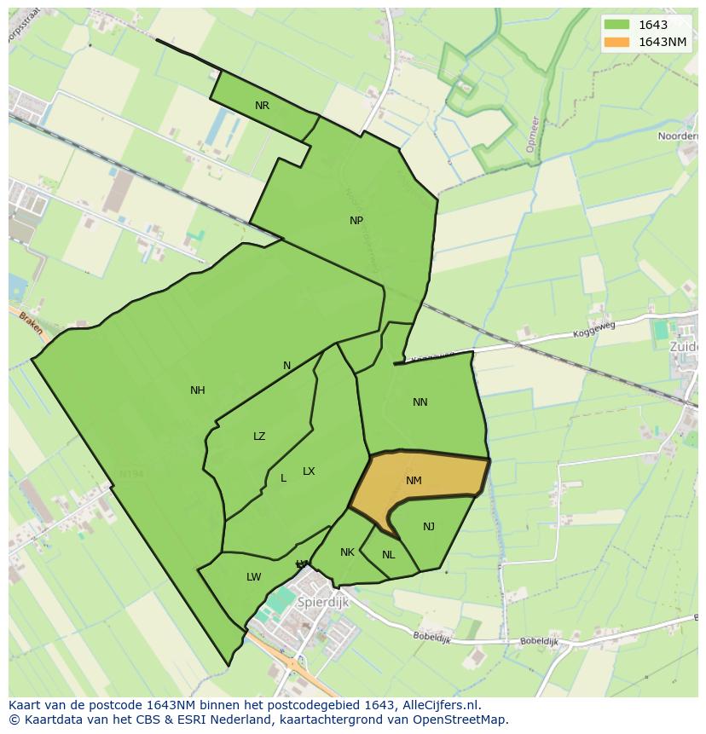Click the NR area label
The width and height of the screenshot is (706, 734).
click(262, 106)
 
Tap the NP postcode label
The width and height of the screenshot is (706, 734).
click(356, 220)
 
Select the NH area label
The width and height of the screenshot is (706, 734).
click(198, 390)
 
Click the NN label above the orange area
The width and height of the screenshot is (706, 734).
click(420, 402)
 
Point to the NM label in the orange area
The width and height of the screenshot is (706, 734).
click(414, 481)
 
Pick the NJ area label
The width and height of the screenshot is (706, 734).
click(429, 527)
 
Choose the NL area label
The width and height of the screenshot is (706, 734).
click(389, 555)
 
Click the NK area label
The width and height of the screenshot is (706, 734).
click(347, 552)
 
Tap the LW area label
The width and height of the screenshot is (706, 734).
click(253, 577)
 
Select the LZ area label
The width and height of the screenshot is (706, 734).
click(259, 436)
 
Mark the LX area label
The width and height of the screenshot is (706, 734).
click(309, 471)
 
